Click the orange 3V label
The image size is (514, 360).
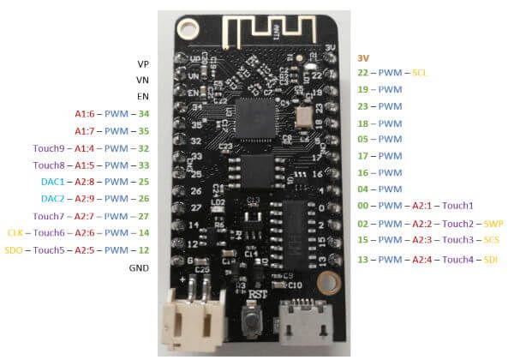click(362, 57)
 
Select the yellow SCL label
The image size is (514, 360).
click(421, 73)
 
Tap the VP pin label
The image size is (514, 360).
click(142, 64)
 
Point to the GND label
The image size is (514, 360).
click(138, 268)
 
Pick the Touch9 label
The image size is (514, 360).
click(48, 148)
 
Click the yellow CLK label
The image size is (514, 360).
click(15, 233)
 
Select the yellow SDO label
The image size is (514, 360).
click(15, 250)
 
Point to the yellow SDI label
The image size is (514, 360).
click(491, 259)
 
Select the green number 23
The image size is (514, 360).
click(362, 106)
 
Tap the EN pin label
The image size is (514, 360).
click(142, 98)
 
